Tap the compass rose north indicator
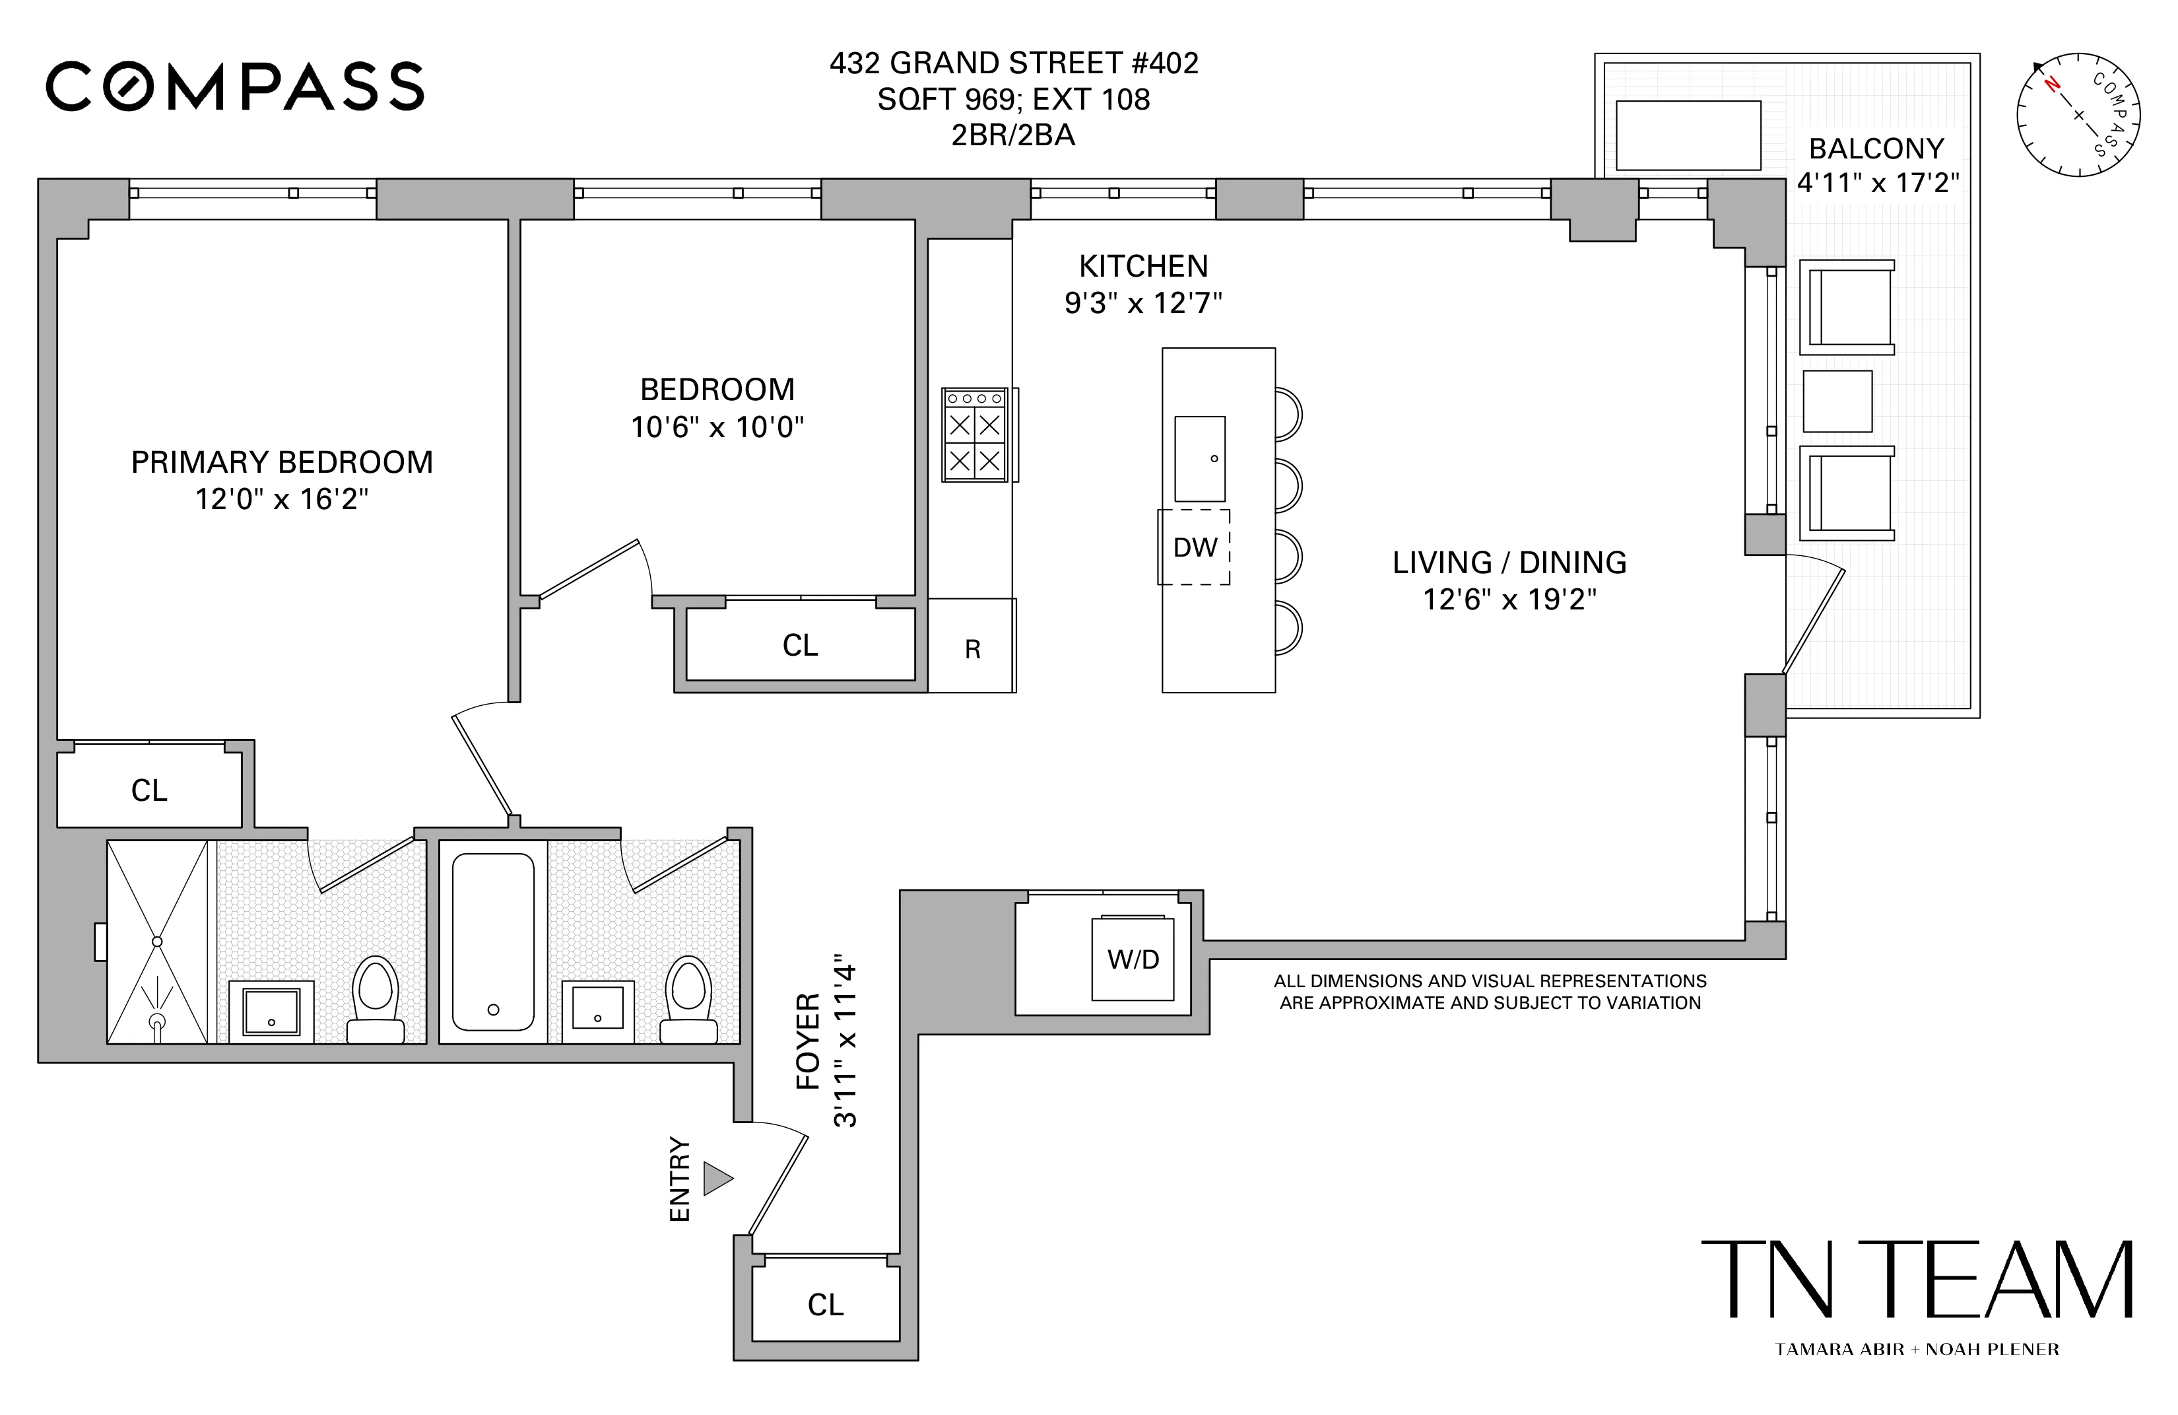click(2052, 85)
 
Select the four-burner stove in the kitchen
click(975, 434)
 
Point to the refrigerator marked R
click(972, 647)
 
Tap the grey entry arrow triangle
click(717, 1178)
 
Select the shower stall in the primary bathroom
click(157, 941)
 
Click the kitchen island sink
click(1200, 458)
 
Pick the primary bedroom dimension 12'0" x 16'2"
click(282, 499)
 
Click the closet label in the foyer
click(826, 1304)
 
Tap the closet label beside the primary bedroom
click(149, 790)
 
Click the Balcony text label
click(1876, 149)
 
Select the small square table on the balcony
click(1837, 401)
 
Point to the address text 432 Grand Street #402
click(1013, 63)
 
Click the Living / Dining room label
click(1509, 562)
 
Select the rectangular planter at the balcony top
click(1688, 135)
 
